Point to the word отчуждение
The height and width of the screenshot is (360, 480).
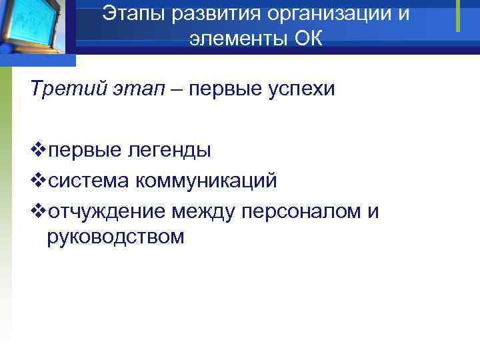coord(107,211)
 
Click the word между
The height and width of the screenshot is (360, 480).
coord(204,211)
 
